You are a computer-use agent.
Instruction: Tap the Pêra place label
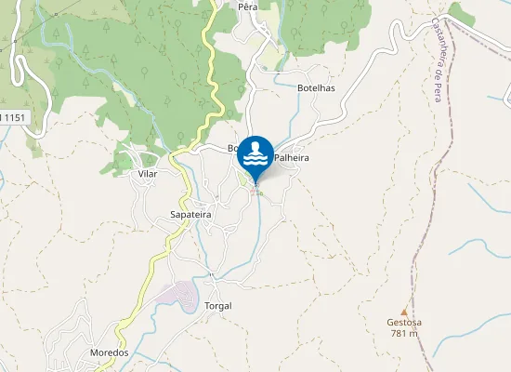tap(247, 7)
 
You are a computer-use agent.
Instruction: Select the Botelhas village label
tap(315, 88)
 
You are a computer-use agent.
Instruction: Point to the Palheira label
tap(291, 159)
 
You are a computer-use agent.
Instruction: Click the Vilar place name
tap(147, 174)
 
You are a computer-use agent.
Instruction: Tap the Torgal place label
tap(217, 306)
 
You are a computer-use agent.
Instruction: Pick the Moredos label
tap(109, 353)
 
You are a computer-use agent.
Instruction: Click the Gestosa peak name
tap(404, 323)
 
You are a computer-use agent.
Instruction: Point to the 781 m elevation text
tap(404, 334)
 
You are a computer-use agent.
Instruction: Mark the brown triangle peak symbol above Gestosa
tap(404, 312)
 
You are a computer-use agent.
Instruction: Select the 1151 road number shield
tap(13, 116)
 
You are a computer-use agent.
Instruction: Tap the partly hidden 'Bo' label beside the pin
tap(233, 149)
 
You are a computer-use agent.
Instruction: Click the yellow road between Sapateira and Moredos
tap(149, 279)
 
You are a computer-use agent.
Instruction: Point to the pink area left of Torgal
tap(177, 296)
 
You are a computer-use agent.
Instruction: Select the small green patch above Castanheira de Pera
tap(460, 14)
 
